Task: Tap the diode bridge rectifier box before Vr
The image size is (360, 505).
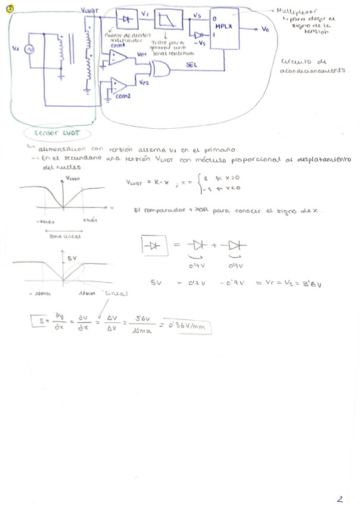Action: click(125, 19)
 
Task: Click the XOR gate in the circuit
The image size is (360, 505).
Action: click(160, 70)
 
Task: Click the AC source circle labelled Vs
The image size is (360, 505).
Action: click(27, 50)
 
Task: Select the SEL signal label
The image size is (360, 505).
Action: click(192, 66)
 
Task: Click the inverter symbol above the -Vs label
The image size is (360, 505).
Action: click(199, 35)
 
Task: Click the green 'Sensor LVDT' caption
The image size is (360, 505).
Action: click(54, 134)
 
